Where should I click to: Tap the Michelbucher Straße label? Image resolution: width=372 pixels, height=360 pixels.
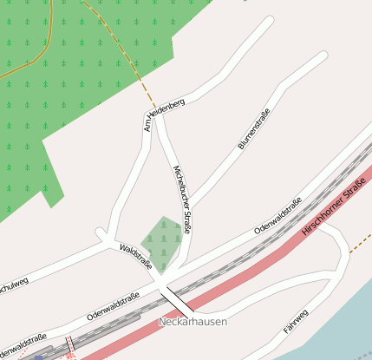click(182, 199)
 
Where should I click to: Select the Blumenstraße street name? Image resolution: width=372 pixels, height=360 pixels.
click(254, 129)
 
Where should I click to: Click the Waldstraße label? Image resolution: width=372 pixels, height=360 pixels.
click(136, 258)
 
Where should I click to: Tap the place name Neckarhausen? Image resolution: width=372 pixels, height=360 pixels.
click(193, 322)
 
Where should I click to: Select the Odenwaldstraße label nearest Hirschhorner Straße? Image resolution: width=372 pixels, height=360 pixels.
click(278, 216)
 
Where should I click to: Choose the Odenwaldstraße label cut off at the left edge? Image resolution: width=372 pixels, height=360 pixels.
click(23, 344)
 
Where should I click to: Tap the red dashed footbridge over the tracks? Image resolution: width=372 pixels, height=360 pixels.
click(69, 346)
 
